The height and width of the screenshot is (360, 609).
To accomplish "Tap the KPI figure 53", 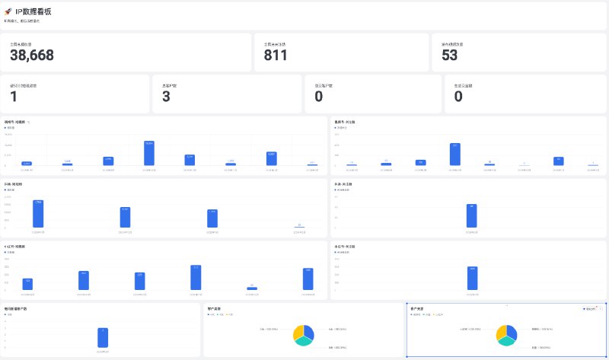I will (x=450, y=55).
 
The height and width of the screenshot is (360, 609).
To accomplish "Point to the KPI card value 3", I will (x=167, y=97).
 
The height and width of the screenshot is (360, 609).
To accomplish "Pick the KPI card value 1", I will (x=14, y=97).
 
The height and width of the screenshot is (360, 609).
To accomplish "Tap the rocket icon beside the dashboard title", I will (x=8, y=11).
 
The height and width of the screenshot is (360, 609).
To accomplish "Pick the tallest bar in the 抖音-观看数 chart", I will (x=38, y=213).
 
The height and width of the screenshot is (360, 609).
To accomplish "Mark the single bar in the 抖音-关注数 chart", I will (x=472, y=215).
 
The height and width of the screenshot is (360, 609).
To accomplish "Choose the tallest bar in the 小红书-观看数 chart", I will (x=196, y=277).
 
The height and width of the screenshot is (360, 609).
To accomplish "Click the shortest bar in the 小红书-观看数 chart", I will (x=252, y=288).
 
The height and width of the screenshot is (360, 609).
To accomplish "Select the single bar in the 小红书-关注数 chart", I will (x=472, y=278).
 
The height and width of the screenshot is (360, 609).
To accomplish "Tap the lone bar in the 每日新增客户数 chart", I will (x=103, y=337).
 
